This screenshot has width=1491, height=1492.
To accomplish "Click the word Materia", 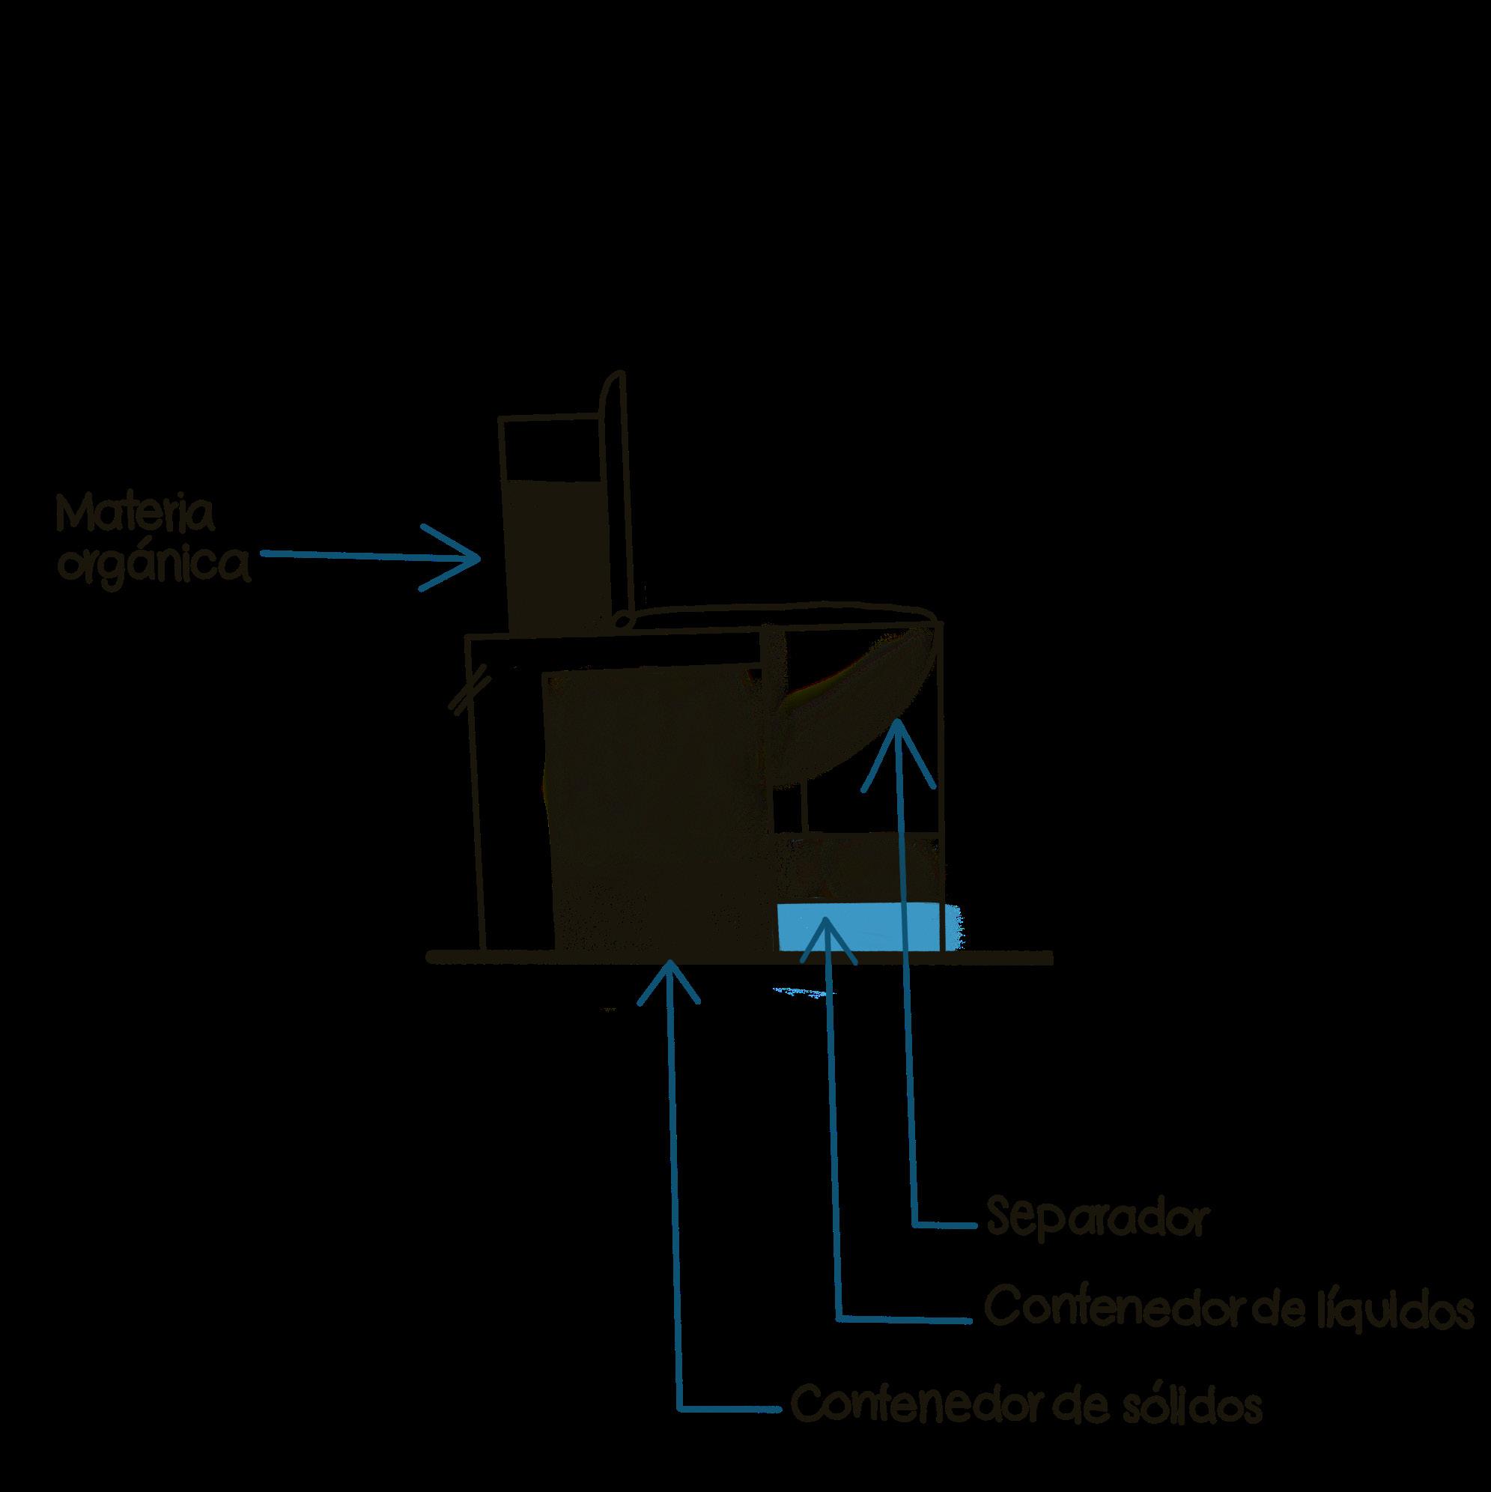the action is [x=134, y=515].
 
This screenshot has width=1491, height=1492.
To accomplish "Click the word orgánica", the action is [x=157, y=567].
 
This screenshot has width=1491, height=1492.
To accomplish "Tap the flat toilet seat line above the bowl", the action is [x=780, y=614].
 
